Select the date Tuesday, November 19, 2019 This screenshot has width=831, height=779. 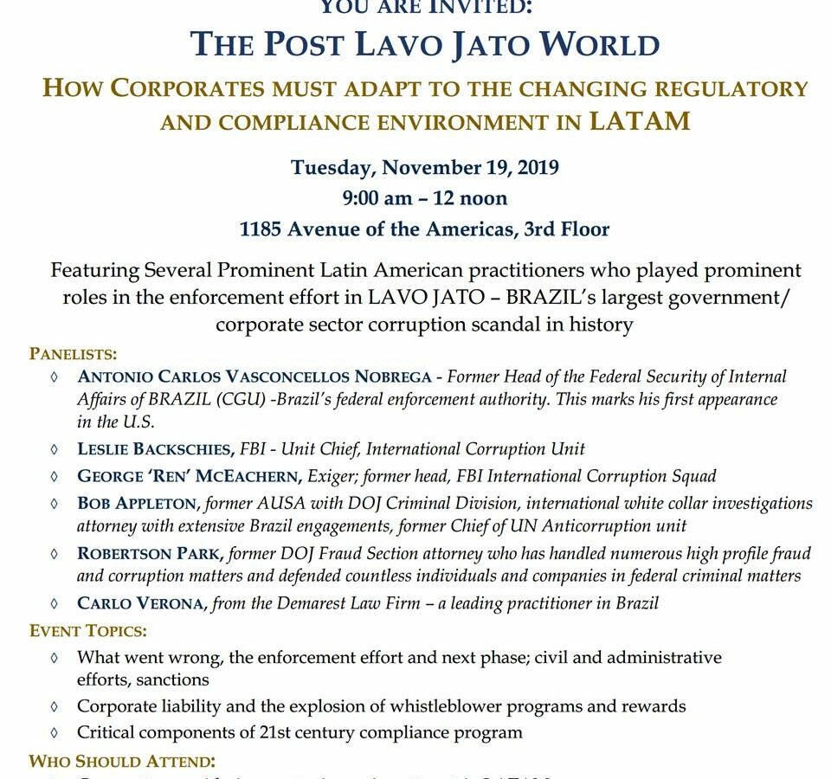pos(424,167)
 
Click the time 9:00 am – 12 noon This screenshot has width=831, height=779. pos(424,198)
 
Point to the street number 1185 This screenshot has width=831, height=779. pos(261,229)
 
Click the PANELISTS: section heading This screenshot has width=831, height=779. pos(74,353)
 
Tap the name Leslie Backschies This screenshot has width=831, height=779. pos(155,448)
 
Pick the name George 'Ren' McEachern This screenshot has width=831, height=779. pos(187,476)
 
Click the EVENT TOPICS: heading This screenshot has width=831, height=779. pos(88,630)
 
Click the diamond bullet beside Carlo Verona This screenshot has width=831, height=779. pos(55,603)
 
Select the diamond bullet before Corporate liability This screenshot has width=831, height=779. pos(55,706)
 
